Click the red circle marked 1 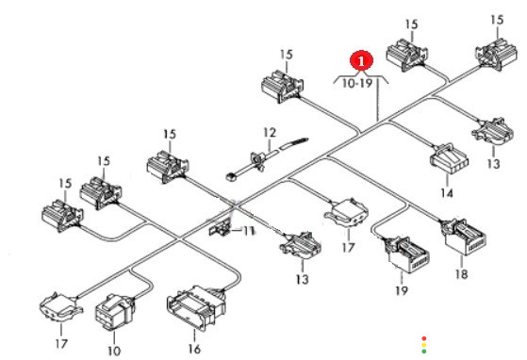(x=361, y=61)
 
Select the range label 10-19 (x=357, y=83)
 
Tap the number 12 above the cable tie (x=270, y=133)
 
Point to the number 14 (x=447, y=193)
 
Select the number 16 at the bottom (x=194, y=349)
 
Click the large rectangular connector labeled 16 (x=197, y=307)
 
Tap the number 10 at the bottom (x=114, y=351)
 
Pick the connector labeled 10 (x=115, y=312)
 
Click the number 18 (x=461, y=274)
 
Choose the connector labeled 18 (x=465, y=237)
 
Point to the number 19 (x=402, y=290)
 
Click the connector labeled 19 (x=406, y=254)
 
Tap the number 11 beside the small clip (x=248, y=231)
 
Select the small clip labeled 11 (x=221, y=229)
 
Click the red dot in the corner (x=424, y=338)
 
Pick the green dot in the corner (x=424, y=352)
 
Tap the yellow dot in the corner (x=424, y=345)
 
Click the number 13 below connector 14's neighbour (x=493, y=164)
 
